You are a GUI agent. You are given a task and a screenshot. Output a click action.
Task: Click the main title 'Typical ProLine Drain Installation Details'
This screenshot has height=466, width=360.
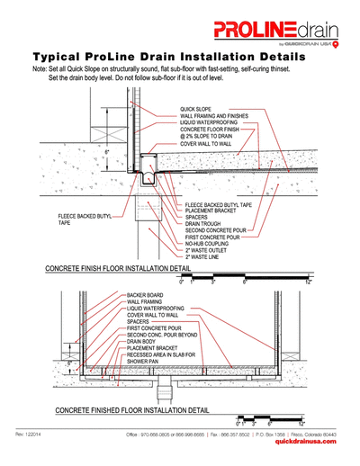pos(180,55)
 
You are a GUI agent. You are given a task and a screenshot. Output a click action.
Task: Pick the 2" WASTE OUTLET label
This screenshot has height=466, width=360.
pos(206,248)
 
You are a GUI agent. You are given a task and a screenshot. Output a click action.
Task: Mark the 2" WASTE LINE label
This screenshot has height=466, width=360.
pos(202,255)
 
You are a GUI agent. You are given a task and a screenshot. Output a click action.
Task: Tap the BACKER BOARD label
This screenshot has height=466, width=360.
pos(144,294)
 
